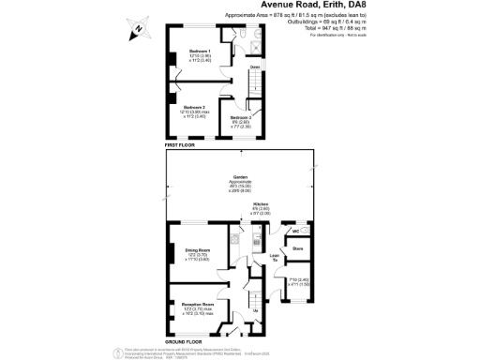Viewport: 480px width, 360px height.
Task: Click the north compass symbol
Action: [138, 27]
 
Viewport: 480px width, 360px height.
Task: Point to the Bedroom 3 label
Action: [241, 118]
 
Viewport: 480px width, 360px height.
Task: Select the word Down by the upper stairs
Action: [255, 67]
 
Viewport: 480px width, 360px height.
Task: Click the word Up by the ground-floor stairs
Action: [256, 309]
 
